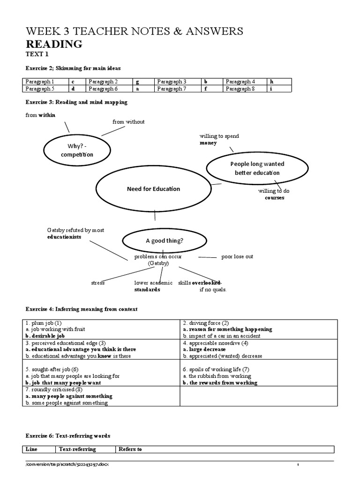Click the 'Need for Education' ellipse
click(153, 189)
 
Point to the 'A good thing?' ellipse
click(164, 240)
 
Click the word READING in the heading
click(54, 45)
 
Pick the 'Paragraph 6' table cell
click(105, 89)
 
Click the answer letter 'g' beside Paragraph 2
click(138, 82)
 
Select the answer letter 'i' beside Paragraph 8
click(271, 89)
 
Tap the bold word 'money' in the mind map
click(208, 143)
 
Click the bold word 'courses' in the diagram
click(275, 198)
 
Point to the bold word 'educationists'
click(64, 237)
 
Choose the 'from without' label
click(128, 122)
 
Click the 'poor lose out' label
click(237, 257)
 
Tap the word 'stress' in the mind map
click(98, 283)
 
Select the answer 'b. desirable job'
click(45, 336)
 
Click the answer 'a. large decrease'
click(204, 349)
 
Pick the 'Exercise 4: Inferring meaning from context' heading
click(81, 309)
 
